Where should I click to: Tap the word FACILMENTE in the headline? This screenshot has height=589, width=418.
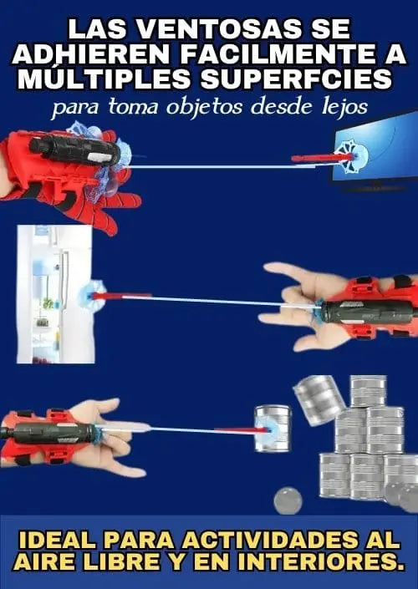pyautogui.click(x=276, y=55)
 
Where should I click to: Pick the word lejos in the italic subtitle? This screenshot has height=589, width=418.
pyautogui.click(x=347, y=108)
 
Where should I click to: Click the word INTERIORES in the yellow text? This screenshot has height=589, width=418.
pyautogui.click(x=322, y=561)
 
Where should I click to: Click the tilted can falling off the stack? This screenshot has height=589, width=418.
pyautogui.click(x=319, y=399)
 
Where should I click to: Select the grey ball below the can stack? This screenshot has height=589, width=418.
pyautogui.click(x=288, y=500)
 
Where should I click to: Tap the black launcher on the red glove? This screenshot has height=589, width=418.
pyautogui.click(x=75, y=150)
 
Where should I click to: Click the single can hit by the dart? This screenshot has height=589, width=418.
pyautogui.click(x=273, y=429)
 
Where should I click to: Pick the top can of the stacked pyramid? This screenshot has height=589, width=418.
pyautogui.click(x=369, y=392)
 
